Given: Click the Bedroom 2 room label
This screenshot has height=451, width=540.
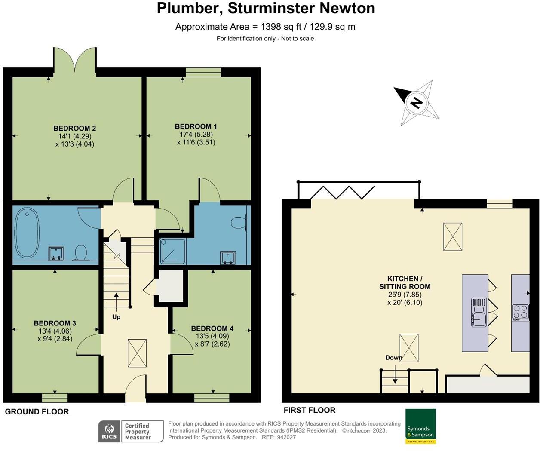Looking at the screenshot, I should point(74,128).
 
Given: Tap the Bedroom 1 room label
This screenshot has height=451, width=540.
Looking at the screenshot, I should point(196,126).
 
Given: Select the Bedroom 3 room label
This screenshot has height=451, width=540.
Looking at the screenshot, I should point(55,323).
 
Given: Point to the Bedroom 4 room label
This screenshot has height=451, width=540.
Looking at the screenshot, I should point(212,328).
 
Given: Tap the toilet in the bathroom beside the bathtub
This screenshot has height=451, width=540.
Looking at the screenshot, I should point(80,252).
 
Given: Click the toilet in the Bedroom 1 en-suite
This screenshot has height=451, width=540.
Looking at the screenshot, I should point(238,223).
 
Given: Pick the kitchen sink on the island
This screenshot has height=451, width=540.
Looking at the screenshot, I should point(479,312).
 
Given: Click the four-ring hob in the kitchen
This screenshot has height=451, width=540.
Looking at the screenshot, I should point(520,312).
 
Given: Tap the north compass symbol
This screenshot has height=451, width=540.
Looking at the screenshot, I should point(416,103).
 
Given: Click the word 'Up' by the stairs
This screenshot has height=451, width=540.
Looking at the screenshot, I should point(116,317).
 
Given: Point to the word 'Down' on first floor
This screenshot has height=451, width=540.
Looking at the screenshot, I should point(393,358).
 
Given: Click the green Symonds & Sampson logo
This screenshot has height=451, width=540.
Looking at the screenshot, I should point(420,426).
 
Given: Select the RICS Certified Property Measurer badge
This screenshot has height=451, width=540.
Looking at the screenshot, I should point(131,431).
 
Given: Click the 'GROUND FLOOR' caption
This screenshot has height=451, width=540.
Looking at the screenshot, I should point(37,412).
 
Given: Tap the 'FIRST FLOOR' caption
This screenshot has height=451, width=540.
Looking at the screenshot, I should point(309,410).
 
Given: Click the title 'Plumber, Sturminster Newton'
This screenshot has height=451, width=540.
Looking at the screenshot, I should point(266,8).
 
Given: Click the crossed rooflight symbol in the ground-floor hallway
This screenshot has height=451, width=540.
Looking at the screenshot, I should point(137,353).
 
